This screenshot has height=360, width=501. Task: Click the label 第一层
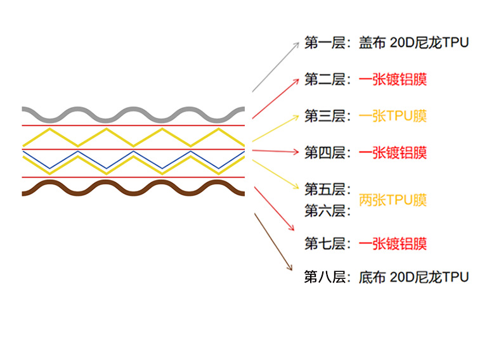325,43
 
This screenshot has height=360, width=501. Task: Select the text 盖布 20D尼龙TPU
413,43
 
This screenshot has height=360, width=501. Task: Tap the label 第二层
325,80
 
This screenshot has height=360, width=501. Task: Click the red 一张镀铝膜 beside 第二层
393,80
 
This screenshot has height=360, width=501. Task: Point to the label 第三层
325,116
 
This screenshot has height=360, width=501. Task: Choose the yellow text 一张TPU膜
393,116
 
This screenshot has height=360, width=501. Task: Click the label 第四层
325,152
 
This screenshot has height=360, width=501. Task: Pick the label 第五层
325,189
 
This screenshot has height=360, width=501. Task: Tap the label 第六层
325,210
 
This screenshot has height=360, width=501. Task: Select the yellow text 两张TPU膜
393,200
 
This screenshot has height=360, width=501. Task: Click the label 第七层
325,243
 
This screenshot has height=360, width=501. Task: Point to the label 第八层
325,277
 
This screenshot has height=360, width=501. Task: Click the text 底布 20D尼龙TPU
413,277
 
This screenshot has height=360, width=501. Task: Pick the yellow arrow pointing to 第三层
276,127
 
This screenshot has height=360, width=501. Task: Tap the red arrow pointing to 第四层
276,151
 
